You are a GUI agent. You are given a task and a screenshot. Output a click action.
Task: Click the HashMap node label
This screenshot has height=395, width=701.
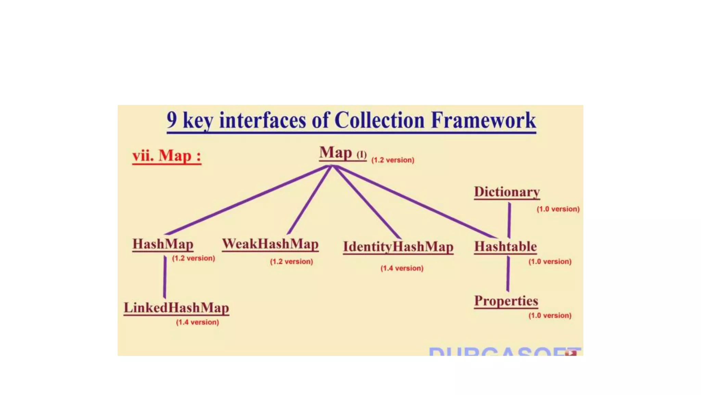coord(163,244)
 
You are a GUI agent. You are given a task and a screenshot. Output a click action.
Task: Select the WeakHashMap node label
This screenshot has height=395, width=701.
coord(270,244)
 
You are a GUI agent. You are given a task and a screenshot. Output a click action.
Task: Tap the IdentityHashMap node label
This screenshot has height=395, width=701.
coord(398,247)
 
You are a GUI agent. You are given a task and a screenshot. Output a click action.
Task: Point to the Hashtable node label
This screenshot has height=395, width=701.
coord(505,247)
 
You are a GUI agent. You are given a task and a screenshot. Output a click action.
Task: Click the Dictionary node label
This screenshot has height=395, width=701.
coord(507,192)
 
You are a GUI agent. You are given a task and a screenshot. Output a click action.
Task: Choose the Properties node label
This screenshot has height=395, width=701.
coord(506,301)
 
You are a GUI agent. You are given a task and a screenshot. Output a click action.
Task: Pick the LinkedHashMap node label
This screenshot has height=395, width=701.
coord(176,308)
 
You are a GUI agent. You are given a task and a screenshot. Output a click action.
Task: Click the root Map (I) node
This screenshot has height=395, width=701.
coord(342,153)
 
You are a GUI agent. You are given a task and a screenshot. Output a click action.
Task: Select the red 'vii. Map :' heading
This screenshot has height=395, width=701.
coord(167,156)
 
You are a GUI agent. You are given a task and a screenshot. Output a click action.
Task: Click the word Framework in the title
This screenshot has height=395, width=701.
coord(483,120)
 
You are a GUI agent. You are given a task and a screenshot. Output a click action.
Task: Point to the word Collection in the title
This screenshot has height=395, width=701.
coord(379,120)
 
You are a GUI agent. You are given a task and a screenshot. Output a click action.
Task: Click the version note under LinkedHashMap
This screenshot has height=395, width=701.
coord(197,322)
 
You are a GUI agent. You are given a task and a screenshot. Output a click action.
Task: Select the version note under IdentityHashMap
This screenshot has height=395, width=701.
coord(402,268)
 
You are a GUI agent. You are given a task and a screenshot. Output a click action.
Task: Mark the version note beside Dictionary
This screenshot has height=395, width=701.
coord(558,209)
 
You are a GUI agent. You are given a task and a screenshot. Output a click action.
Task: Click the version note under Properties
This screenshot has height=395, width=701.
coord(550,315)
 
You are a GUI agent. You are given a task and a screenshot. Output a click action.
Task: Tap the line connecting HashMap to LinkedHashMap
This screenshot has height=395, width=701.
coord(165,277)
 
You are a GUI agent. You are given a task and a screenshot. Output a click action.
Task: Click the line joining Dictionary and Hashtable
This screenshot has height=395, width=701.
coord(509,219)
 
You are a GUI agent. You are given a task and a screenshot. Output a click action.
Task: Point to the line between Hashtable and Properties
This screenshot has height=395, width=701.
coord(508,274)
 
